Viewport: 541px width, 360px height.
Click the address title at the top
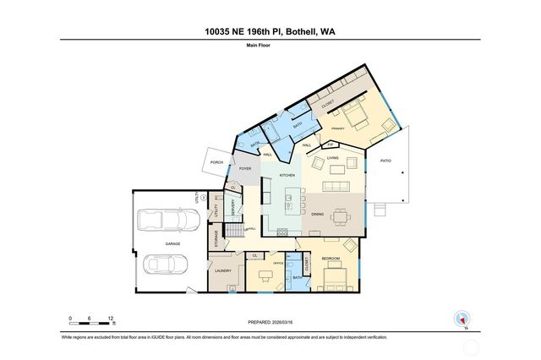(270, 31)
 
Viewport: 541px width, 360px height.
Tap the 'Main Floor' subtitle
(270, 47)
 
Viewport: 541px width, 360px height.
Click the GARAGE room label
(172, 243)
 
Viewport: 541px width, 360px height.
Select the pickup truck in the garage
(167, 221)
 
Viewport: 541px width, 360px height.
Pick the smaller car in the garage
(165, 265)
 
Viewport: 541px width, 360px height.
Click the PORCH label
(216, 162)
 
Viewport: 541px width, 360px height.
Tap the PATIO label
(385, 161)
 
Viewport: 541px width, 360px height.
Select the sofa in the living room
(339, 187)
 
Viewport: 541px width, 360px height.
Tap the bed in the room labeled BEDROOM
(331, 276)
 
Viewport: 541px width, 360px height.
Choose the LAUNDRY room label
(223, 270)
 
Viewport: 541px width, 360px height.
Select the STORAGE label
(216, 240)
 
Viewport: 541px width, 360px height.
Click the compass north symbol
(462, 319)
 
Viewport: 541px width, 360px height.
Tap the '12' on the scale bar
(112, 319)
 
